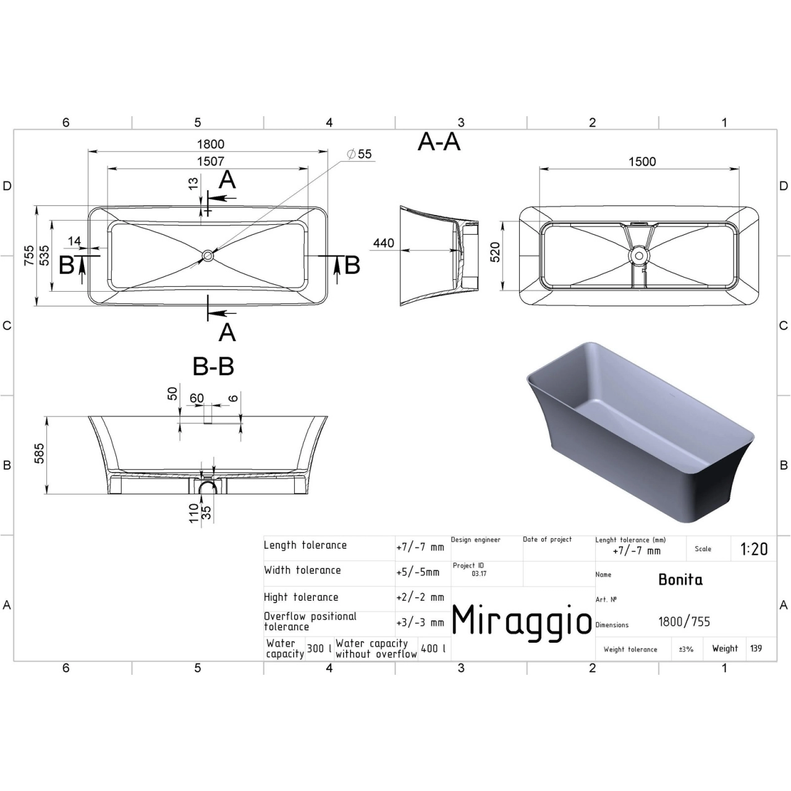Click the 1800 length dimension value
tap(211, 144)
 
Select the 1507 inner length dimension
tap(211, 161)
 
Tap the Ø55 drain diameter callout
tap(359, 154)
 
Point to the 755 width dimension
tap(28, 255)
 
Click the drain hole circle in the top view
tap(207, 256)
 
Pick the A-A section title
tap(439, 142)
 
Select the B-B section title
tap(213, 366)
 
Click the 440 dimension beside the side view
tap(383, 243)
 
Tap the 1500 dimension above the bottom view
tap(643, 162)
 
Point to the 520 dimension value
tap(496, 252)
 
